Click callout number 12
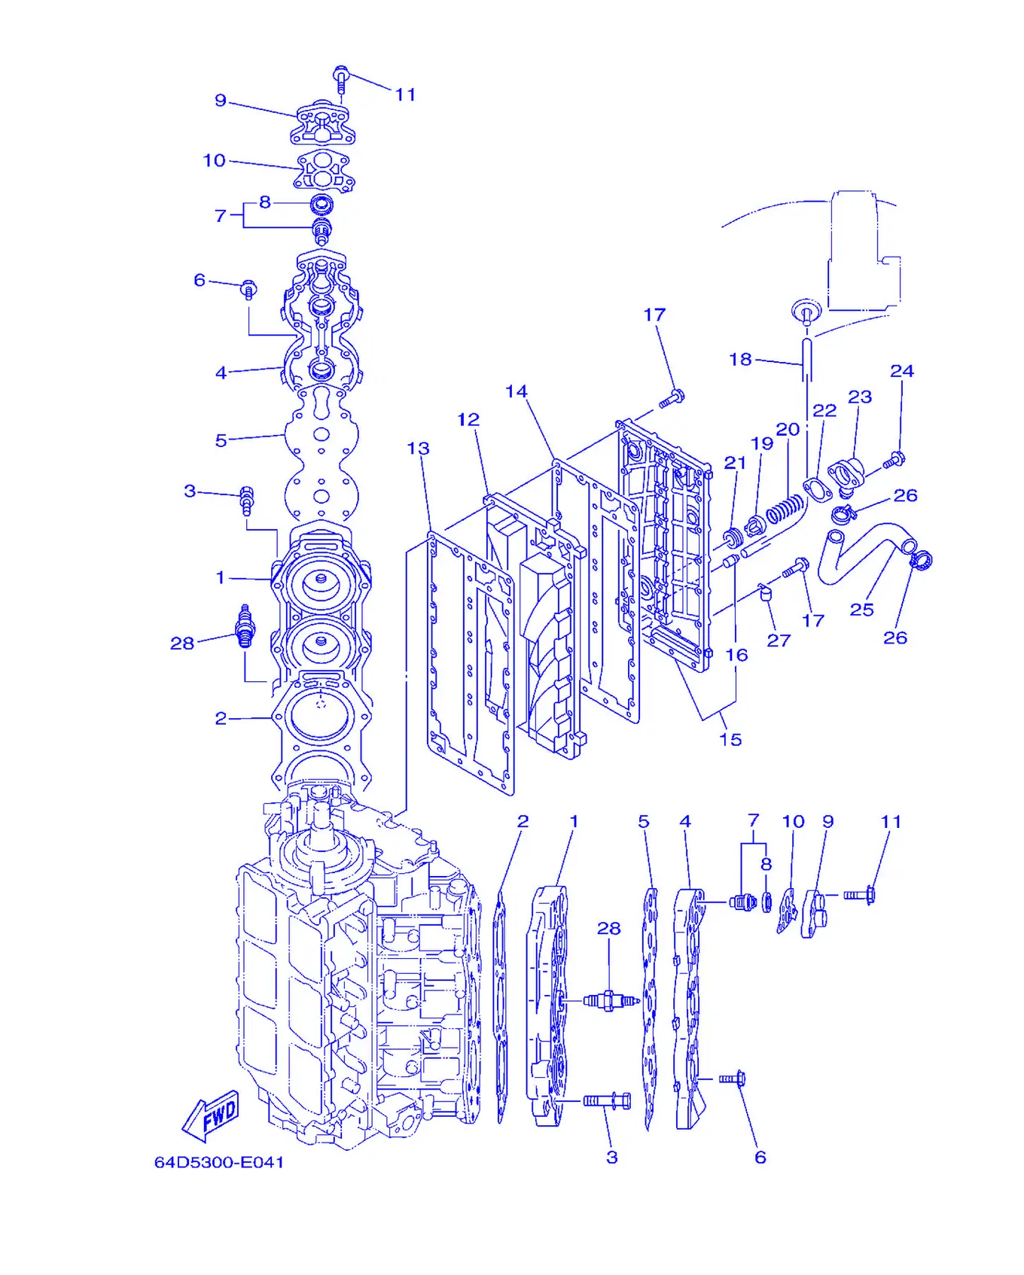tap(468, 420)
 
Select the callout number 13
tap(418, 449)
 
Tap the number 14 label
tap(516, 391)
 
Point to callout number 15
tap(730, 739)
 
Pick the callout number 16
tap(736, 655)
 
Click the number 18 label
tap(740, 360)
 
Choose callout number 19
tap(762, 443)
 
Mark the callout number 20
tap(788, 429)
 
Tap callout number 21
tap(735, 463)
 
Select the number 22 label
tap(824, 410)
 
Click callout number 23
tap(860, 397)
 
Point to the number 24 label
tap(902, 371)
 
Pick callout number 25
tap(861, 610)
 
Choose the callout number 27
tap(779, 641)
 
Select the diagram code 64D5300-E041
tap(219, 1162)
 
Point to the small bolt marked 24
tap(893, 460)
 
